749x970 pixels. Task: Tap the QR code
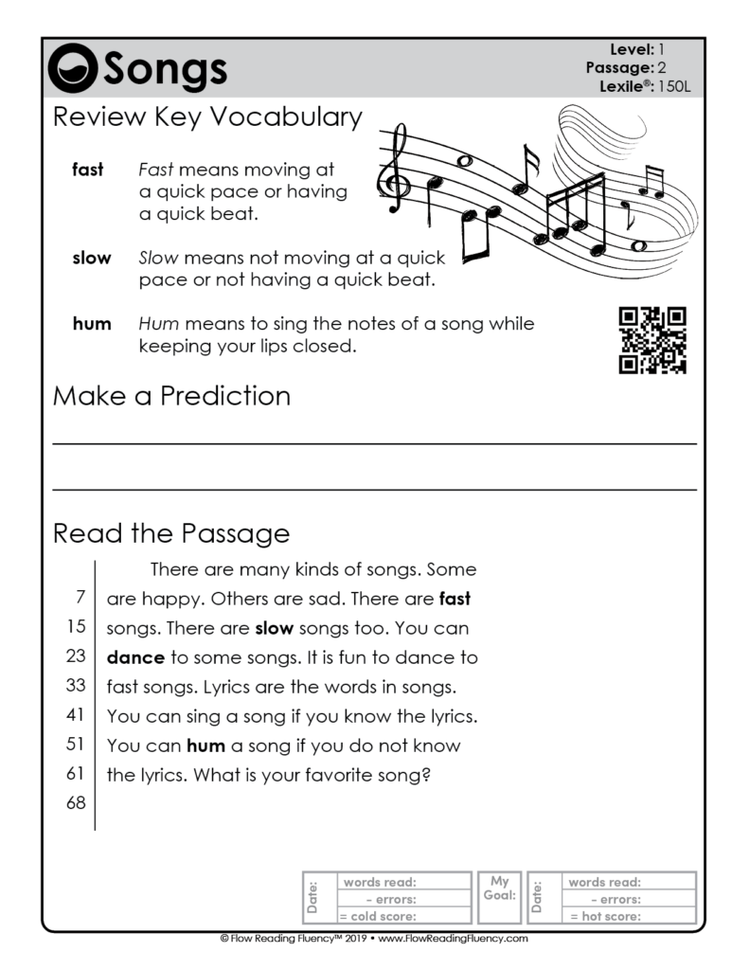[x=651, y=339]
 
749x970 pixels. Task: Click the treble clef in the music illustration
[x=395, y=171]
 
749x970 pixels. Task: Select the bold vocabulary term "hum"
[x=92, y=324]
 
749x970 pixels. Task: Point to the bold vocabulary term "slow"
[x=92, y=258]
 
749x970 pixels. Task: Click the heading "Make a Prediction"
[x=171, y=395]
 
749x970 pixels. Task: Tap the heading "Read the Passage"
[x=171, y=534]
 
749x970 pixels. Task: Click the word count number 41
[x=77, y=714]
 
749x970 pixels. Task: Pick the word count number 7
[x=81, y=598]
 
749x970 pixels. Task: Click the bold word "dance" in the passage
[x=135, y=657]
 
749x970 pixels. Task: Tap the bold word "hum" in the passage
[x=205, y=745]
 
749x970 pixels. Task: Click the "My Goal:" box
[x=499, y=896]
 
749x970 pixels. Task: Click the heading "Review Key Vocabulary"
[x=207, y=117]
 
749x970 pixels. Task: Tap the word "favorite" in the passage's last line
[x=347, y=775]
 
